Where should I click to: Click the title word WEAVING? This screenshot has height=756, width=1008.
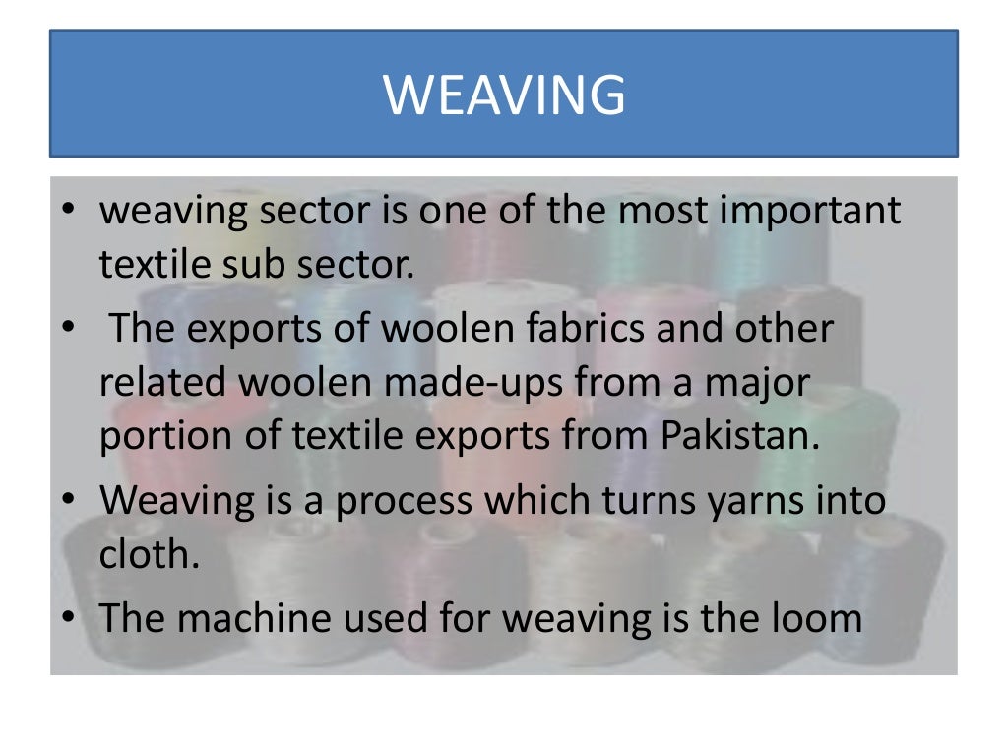(x=504, y=95)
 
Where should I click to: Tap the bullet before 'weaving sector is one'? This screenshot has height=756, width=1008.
(x=66, y=212)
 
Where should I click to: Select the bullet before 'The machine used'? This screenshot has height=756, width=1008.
(x=66, y=619)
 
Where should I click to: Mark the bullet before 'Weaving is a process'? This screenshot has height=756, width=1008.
(x=66, y=501)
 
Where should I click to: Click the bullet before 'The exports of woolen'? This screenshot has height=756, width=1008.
(x=66, y=329)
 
